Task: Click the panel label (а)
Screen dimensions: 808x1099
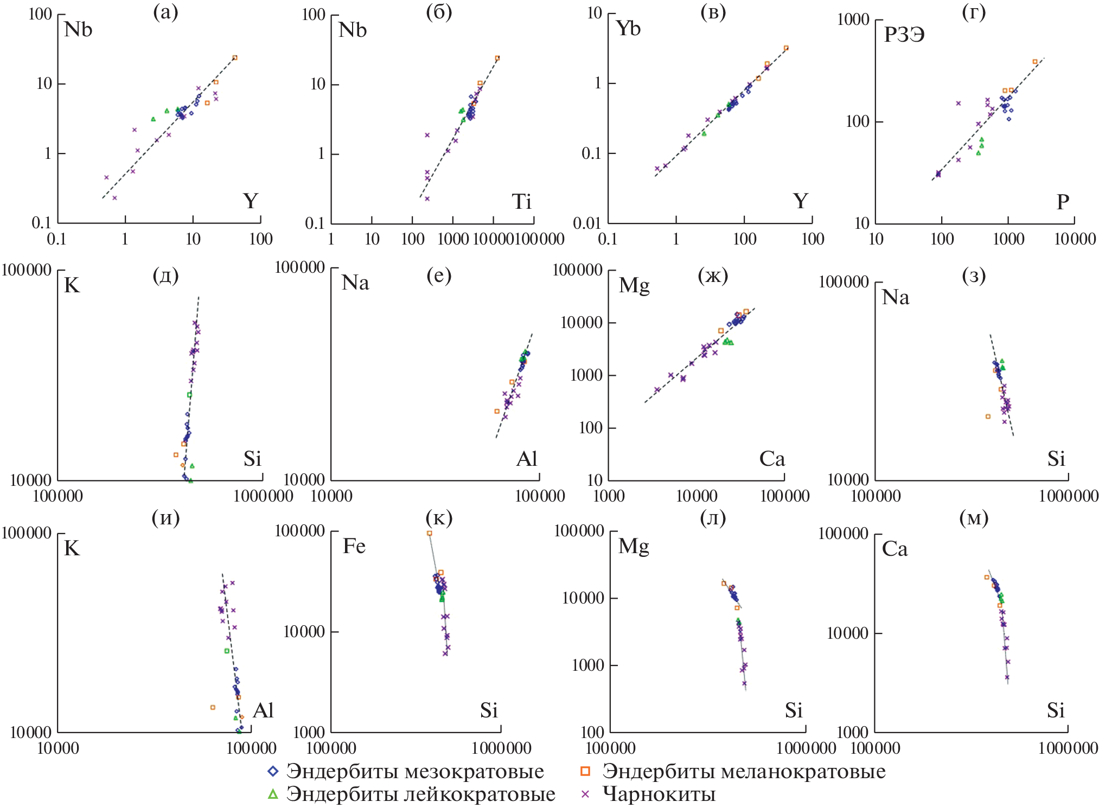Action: click(x=165, y=12)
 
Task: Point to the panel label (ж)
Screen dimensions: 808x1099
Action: click(x=713, y=275)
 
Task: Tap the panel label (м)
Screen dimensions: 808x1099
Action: click(x=974, y=518)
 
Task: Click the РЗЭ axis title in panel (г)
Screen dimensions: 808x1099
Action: click(x=904, y=35)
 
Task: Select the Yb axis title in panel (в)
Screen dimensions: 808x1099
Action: click(x=628, y=28)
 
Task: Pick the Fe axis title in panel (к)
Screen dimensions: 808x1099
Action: click(x=354, y=546)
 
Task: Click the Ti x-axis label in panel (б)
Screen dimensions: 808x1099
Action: click(x=521, y=202)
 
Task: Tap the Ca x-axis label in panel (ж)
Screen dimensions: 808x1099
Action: click(x=772, y=459)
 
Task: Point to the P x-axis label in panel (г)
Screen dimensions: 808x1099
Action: click(x=1063, y=202)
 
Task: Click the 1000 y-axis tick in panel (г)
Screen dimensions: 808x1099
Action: click(x=853, y=20)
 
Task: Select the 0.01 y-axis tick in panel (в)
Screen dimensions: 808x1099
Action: click(x=586, y=223)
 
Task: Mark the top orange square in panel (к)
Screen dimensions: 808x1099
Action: click(x=430, y=533)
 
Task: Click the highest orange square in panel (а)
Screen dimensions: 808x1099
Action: click(x=235, y=57)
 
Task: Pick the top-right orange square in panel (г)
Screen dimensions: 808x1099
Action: click(x=1034, y=62)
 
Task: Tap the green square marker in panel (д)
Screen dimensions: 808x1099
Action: click(x=189, y=395)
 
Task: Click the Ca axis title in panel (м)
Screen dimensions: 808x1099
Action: click(x=894, y=549)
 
